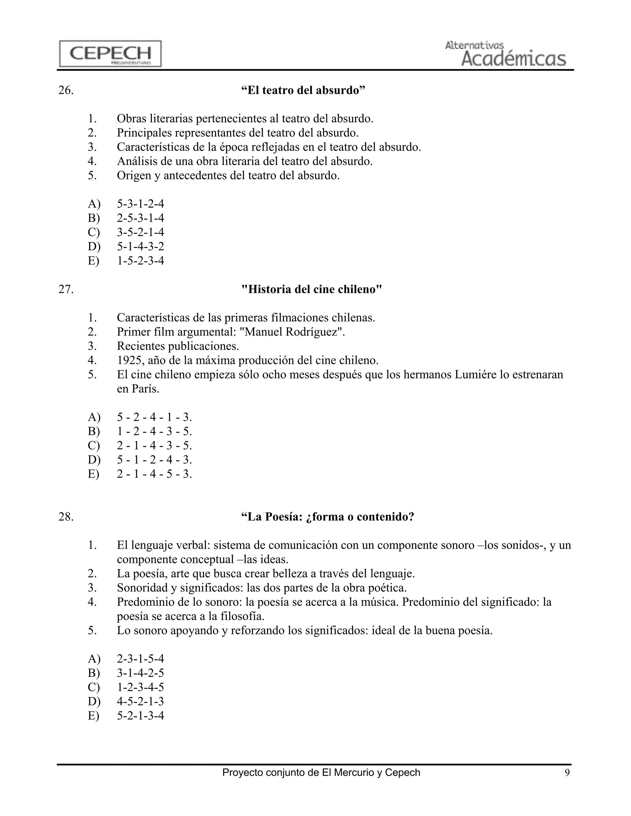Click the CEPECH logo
[x=110, y=54]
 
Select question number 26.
[x=66, y=91]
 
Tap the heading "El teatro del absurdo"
[x=303, y=91]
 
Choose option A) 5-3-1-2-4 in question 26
[x=140, y=204]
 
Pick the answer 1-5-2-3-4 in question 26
[x=140, y=261]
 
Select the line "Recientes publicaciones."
[x=177, y=346]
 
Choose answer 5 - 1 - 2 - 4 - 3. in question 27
[x=154, y=460]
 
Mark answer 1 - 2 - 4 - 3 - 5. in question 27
[x=154, y=431]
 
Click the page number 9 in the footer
[x=567, y=773]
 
